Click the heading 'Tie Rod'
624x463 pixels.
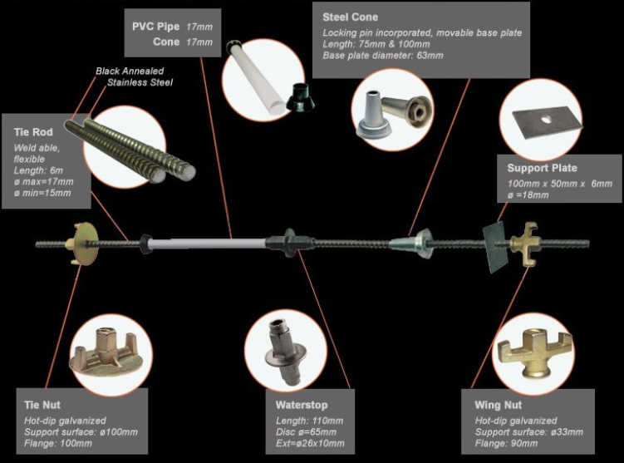pos(34,132)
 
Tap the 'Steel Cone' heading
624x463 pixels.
pos(350,17)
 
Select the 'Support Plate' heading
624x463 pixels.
pos(542,168)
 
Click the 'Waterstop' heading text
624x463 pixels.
pos(303,405)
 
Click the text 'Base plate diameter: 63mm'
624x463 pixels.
pos(383,55)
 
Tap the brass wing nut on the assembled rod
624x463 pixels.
pos(533,244)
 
